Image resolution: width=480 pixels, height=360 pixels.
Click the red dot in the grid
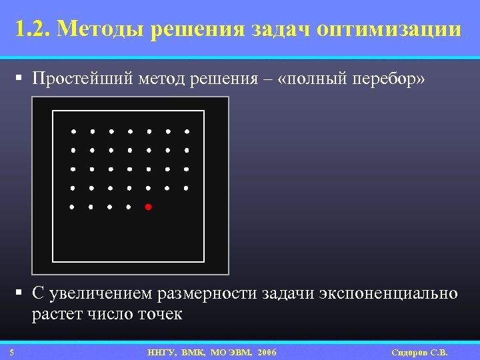tap(148, 207)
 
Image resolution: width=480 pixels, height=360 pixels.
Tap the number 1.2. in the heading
tap(33, 30)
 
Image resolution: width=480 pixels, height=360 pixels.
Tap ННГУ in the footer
tap(161, 352)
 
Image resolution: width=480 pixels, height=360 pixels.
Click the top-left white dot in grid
tap(73, 131)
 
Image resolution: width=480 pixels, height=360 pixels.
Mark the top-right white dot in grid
tap(187, 131)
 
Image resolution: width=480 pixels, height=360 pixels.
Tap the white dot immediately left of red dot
tap(129, 207)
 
